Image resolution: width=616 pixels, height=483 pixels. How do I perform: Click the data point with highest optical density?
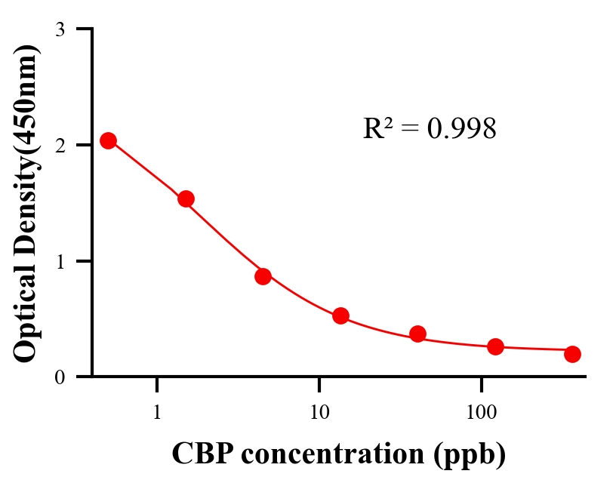[108, 140]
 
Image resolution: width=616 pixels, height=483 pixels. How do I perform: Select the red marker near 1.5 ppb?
[186, 198]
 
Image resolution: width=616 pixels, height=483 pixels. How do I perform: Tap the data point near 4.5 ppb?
[263, 276]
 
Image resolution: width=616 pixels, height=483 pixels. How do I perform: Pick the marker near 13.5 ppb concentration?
[340, 315]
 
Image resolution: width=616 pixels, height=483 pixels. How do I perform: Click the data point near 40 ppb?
[417, 334]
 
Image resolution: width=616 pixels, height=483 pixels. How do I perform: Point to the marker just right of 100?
[495, 346]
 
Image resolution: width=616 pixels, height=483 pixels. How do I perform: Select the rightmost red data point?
[572, 354]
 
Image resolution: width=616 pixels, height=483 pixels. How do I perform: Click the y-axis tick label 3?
[60, 29]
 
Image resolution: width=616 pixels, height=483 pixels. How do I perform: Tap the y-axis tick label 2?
[60, 145]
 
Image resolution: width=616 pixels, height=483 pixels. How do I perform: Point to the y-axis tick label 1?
[60, 261]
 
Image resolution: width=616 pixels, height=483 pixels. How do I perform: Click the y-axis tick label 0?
[60, 377]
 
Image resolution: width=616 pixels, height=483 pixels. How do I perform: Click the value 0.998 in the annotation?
[462, 129]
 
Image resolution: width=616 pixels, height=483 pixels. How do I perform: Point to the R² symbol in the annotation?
[377, 128]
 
